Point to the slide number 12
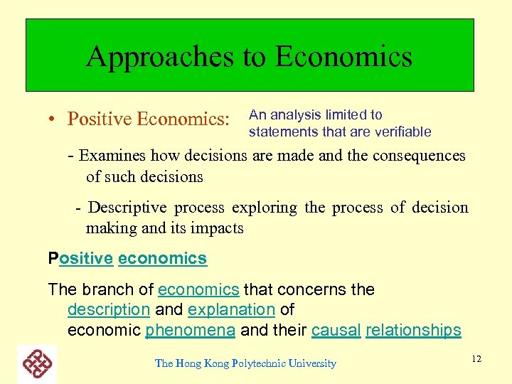[x=476, y=358]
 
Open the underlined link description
[x=108, y=310]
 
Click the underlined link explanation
[x=231, y=310]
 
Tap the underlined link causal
[x=336, y=330]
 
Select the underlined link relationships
[x=413, y=330]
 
